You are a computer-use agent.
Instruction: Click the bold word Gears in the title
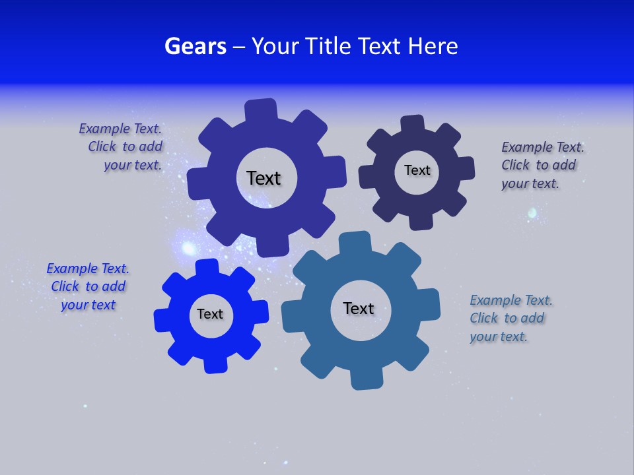(x=195, y=46)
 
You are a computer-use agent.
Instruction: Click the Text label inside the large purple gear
(x=264, y=178)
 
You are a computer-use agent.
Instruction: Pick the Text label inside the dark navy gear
(x=417, y=170)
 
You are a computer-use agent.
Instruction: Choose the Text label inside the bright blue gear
(x=210, y=314)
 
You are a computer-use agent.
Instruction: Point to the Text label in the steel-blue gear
(x=359, y=308)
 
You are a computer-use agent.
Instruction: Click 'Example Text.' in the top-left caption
(x=120, y=129)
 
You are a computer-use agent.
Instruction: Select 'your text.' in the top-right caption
(x=530, y=183)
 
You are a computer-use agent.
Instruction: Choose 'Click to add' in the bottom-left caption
(x=88, y=286)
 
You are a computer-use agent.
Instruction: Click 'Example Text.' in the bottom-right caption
(x=511, y=300)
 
